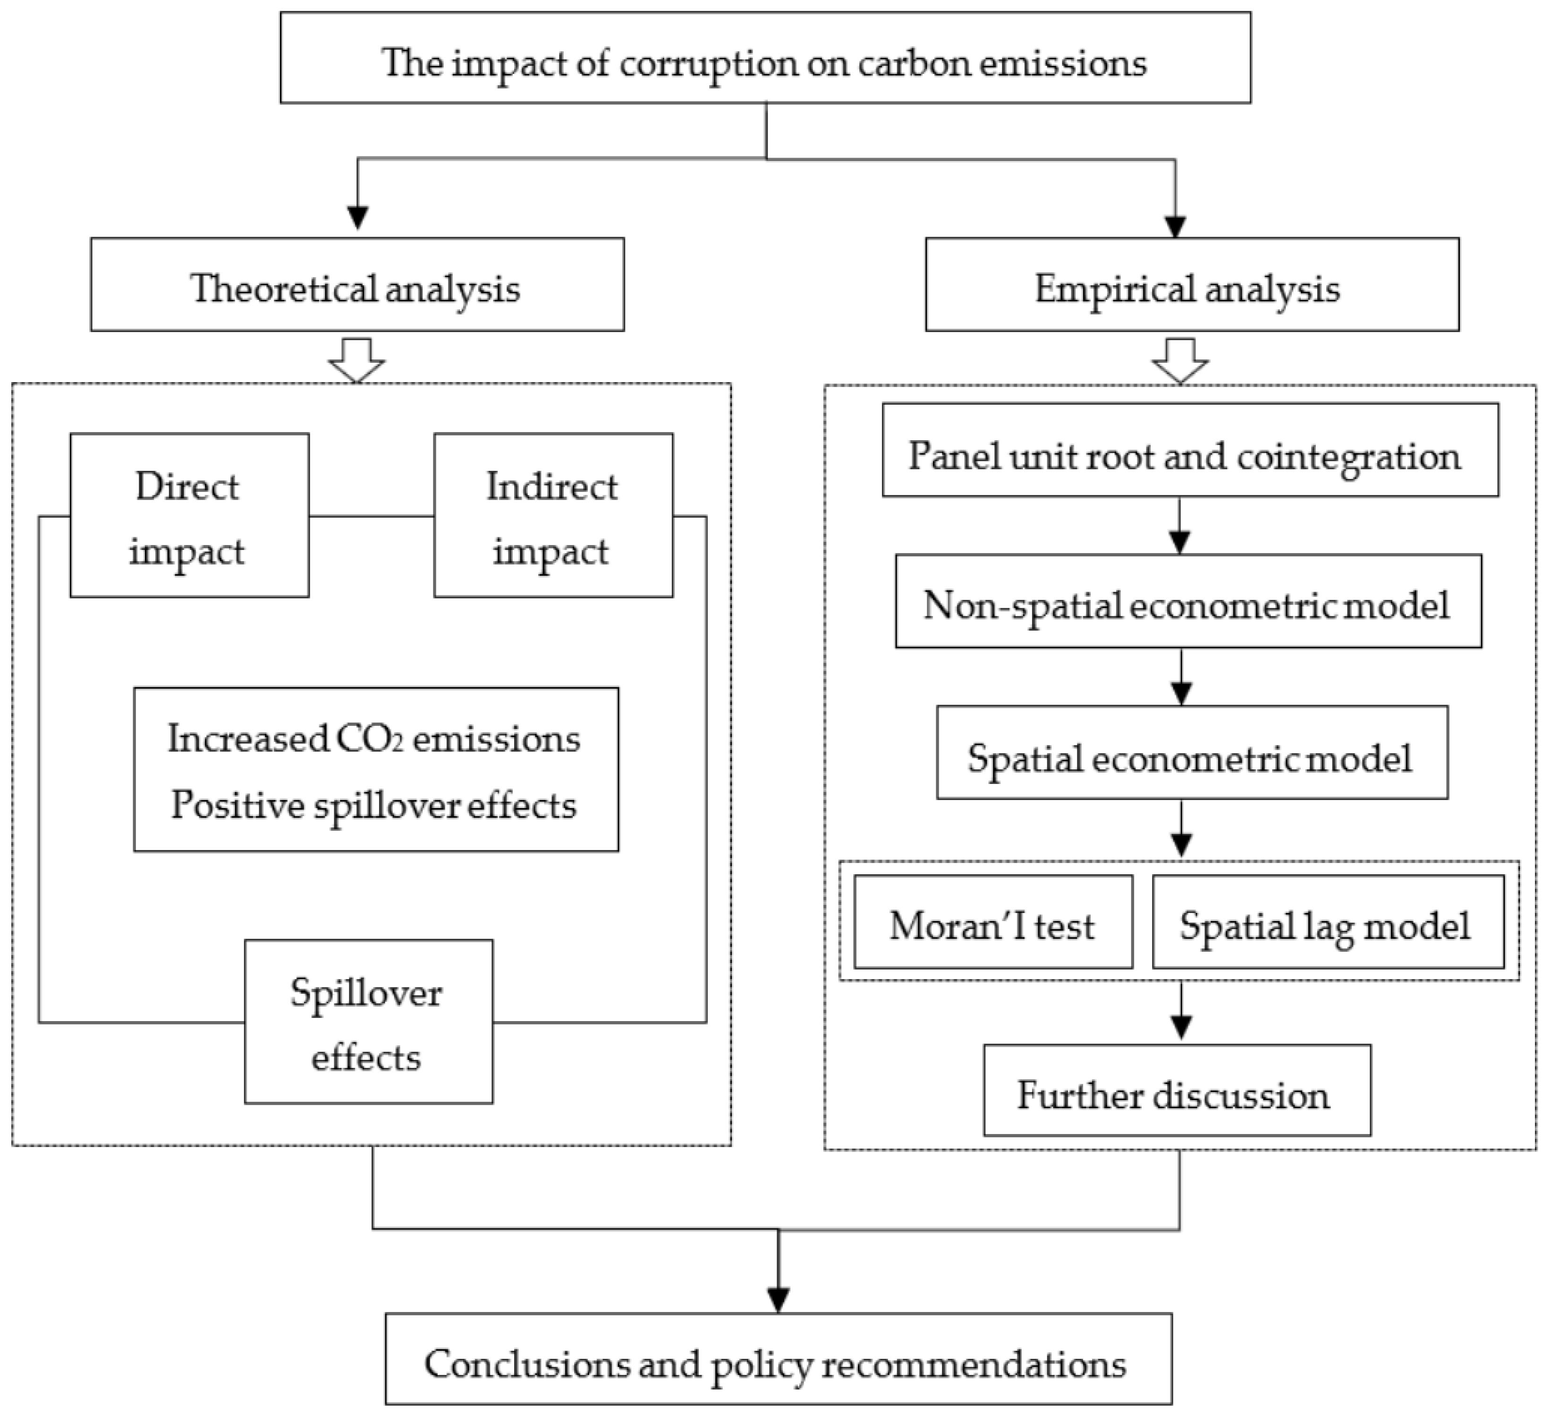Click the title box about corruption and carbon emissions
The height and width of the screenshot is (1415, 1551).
(765, 58)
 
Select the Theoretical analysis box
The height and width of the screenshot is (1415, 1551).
(357, 285)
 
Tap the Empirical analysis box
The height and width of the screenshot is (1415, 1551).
(1192, 285)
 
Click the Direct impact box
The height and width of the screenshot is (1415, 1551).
(189, 516)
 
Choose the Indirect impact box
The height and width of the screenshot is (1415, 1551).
(553, 516)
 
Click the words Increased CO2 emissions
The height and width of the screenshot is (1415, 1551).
(374, 739)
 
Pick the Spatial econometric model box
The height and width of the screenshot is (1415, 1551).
(1192, 752)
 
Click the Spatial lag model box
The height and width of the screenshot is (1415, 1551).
(1327, 922)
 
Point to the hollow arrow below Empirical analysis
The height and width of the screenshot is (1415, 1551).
(1180, 360)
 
